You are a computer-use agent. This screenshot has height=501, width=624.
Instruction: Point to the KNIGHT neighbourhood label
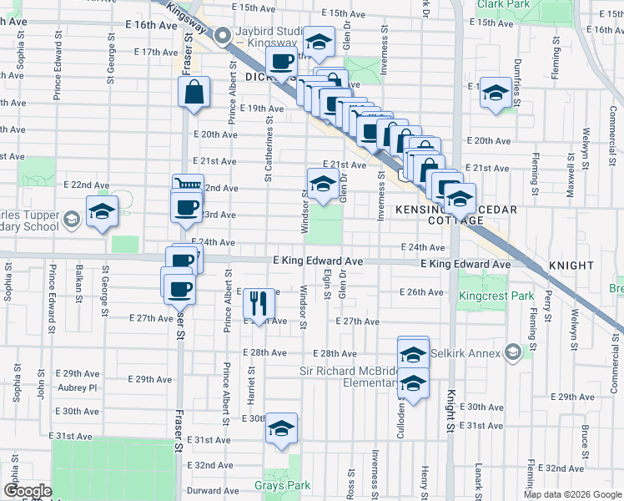pyautogui.click(x=571, y=266)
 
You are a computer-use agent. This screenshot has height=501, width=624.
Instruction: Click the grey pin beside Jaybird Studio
pyautogui.click(x=223, y=36)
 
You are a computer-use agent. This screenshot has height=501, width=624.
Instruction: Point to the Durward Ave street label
pyautogui.click(x=209, y=491)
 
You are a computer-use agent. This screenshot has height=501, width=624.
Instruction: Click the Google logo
pyautogui.click(x=28, y=491)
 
